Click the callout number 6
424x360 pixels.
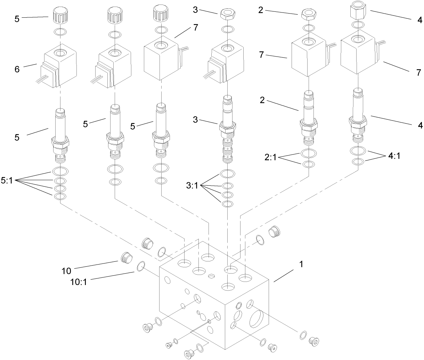pyautogui.click(x=17, y=69)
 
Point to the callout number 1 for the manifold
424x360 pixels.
pyautogui.click(x=301, y=264)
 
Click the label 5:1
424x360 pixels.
pyautogui.click(x=8, y=181)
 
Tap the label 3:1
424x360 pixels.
pyautogui.click(x=191, y=186)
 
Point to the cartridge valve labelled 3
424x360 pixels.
pyautogui.click(x=227, y=132)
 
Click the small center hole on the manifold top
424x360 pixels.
pyautogui.click(x=211, y=276)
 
